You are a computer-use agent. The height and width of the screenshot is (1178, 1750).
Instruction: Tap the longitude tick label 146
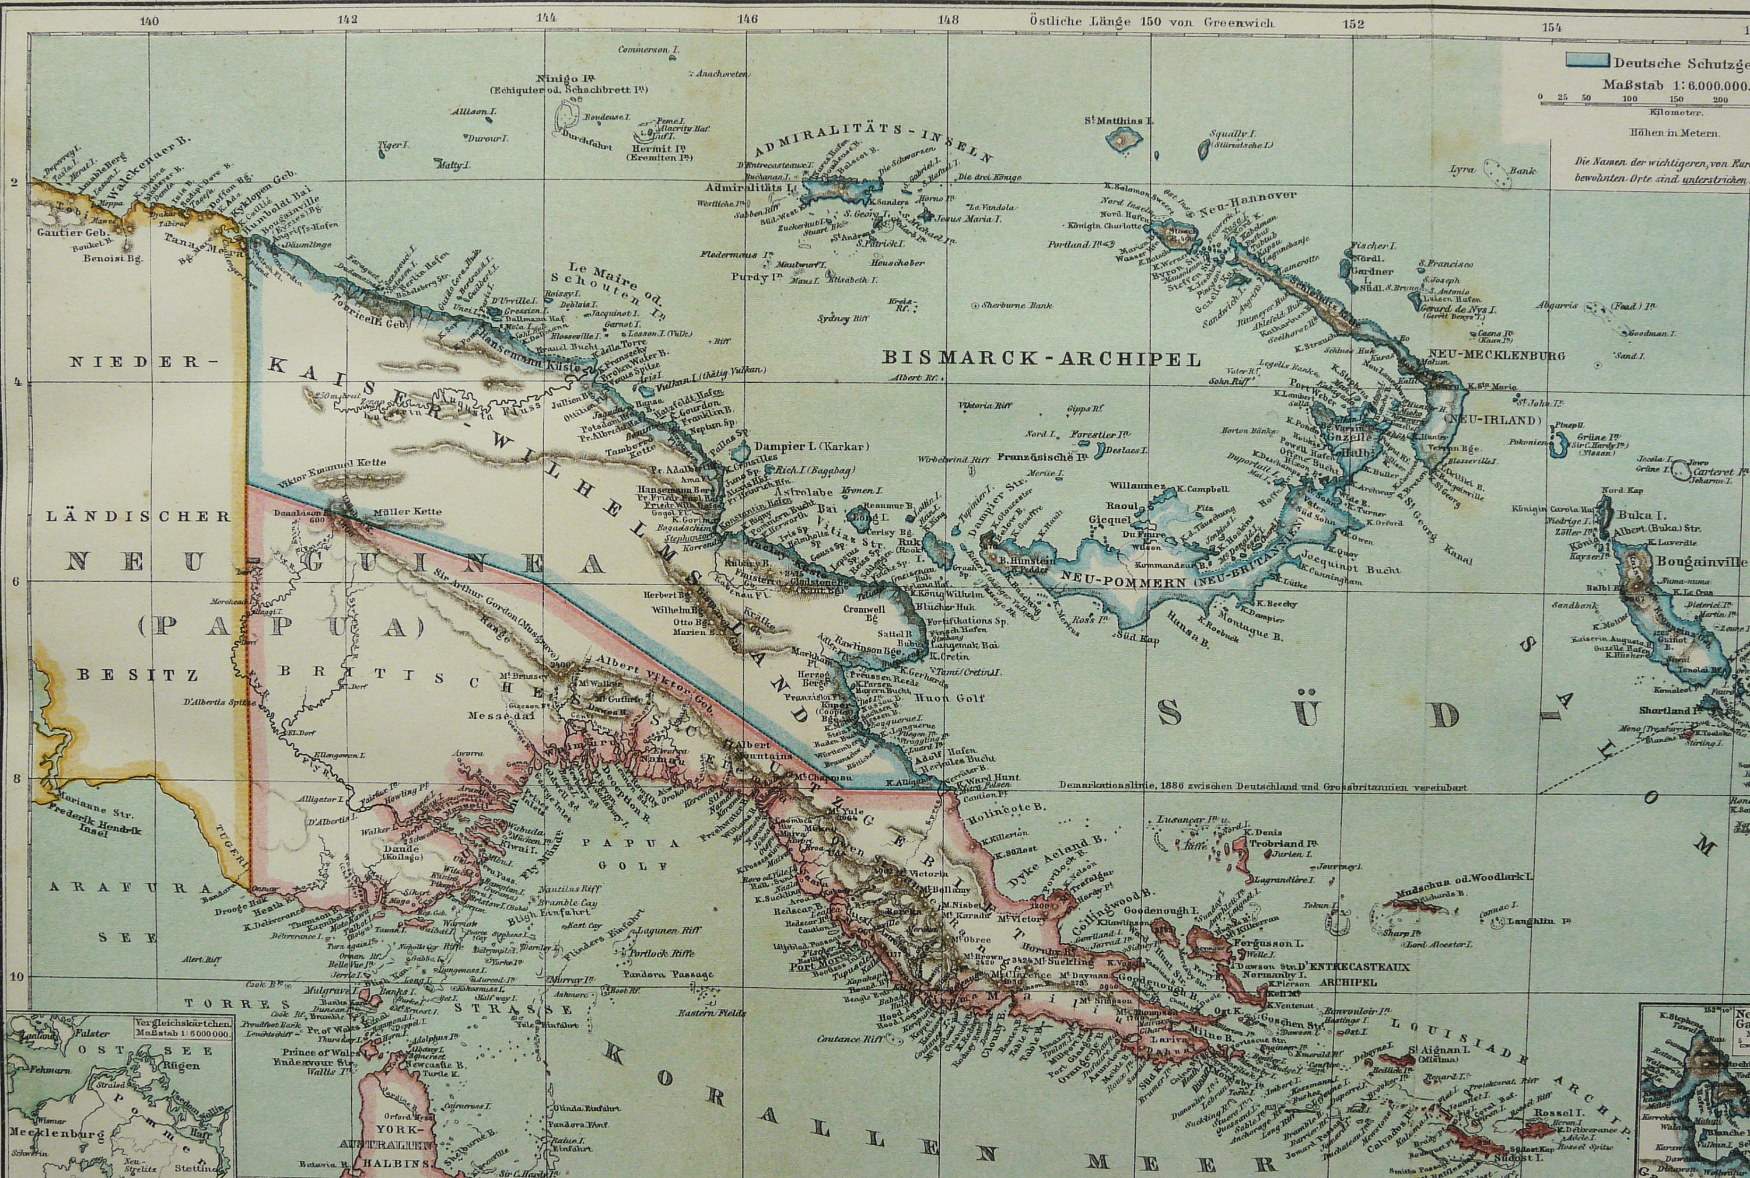click(x=747, y=20)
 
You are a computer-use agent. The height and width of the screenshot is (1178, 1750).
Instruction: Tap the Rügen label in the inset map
click(x=183, y=1065)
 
